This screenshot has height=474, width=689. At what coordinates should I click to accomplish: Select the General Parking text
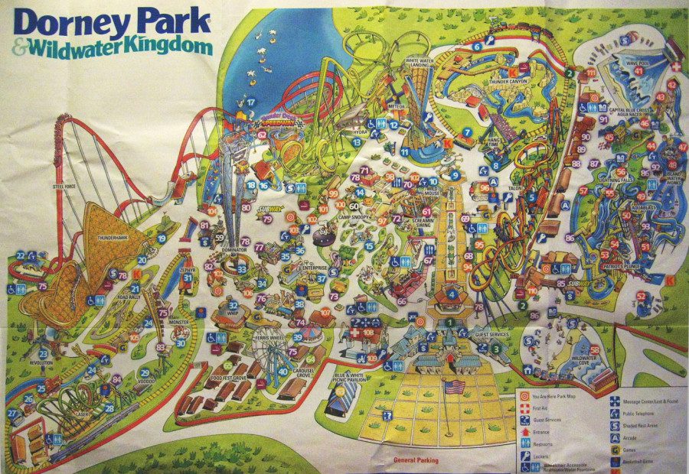coord(420,460)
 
